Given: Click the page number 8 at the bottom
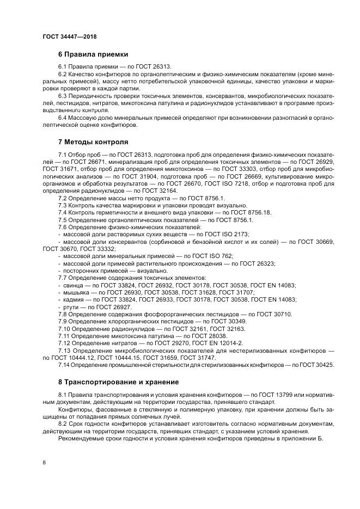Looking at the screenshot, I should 44,462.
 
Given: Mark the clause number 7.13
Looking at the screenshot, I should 64,351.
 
